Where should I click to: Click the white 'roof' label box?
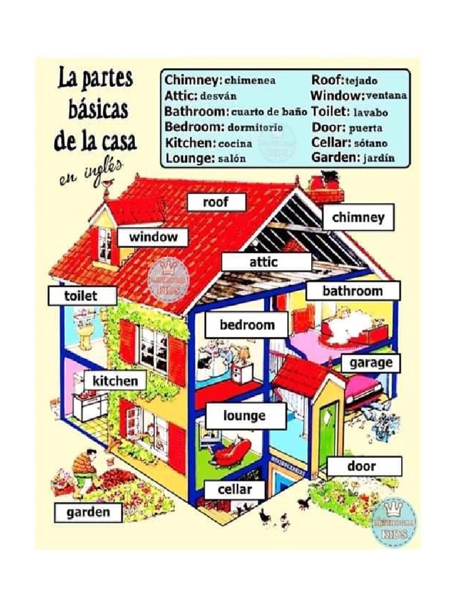tap(216, 202)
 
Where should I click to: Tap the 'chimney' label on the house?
tap(358, 218)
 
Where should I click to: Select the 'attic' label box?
tap(267, 262)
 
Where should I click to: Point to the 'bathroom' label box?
tap(353, 291)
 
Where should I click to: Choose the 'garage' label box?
tap(370, 363)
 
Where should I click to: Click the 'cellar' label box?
tap(235, 490)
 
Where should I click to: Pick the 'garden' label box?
tap(88, 512)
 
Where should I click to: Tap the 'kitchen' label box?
tap(115, 381)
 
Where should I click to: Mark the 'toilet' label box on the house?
tap(81, 296)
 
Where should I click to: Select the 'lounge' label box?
tap(245, 416)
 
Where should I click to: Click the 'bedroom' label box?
tap(246, 325)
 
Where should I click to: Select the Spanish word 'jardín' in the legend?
tap(378, 158)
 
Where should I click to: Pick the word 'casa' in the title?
tap(113, 141)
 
